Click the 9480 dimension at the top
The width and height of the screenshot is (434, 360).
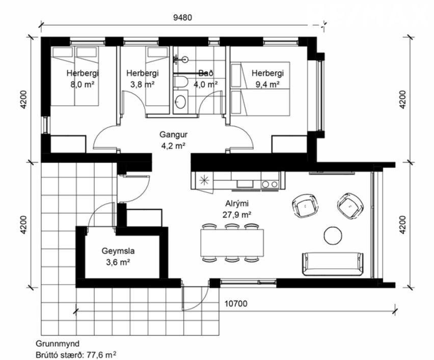[182, 17]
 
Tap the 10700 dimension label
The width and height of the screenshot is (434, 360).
[236, 303]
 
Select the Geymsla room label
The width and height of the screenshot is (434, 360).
[118, 251]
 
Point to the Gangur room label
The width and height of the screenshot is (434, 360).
[173, 135]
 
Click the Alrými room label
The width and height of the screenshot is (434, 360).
[237, 204]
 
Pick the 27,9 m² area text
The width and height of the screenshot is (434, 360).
[237, 214]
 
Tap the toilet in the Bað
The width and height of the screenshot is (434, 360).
[181, 82]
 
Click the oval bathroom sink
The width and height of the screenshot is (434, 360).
[180, 102]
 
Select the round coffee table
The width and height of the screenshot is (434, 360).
[333, 235]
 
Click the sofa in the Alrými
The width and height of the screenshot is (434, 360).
[333, 264]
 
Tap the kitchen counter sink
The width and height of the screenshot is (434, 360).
[245, 184]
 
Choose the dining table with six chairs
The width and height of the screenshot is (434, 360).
[232, 243]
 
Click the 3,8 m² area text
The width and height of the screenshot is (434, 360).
[142, 84]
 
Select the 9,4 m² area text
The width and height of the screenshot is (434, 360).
[267, 84]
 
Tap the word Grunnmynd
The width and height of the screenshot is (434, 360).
[58, 344]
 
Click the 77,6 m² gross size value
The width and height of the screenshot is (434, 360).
[101, 354]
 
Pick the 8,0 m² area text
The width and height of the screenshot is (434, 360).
[83, 84]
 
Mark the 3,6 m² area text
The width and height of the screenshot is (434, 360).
[118, 262]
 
